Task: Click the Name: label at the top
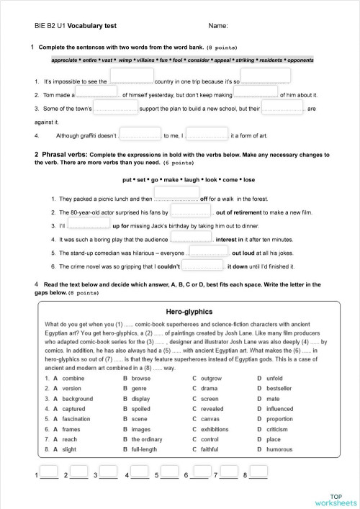point(219,25)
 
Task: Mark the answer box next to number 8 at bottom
point(258,472)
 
